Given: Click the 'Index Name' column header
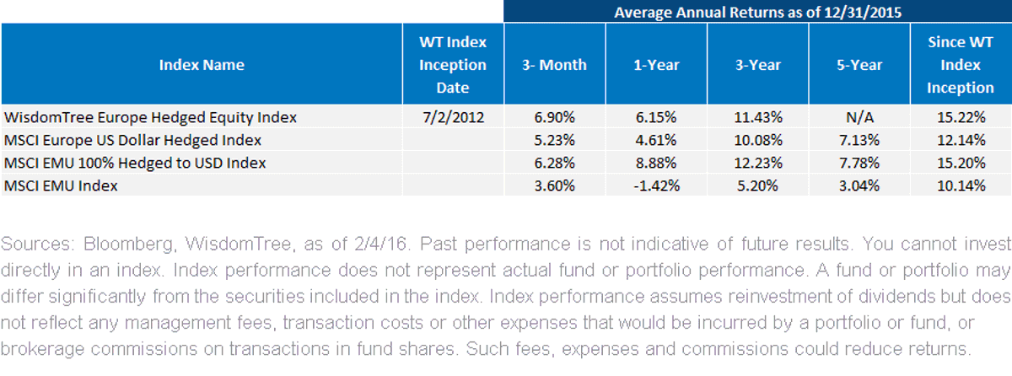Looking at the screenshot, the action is click(202, 65).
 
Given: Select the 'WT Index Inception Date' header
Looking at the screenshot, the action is click(453, 65).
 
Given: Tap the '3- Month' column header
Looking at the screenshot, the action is click(554, 65).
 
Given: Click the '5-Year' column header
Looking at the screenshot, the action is click(859, 65).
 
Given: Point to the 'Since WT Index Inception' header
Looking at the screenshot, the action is click(961, 65).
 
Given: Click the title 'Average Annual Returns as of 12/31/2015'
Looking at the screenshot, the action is click(757, 12).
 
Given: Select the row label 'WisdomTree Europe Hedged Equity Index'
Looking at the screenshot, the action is click(150, 117).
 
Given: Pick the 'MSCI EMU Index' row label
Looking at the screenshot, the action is click(61, 185).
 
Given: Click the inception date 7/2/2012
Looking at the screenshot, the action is click(453, 117).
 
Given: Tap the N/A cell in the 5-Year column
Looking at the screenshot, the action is click(859, 117).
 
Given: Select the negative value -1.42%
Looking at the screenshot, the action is click(656, 185).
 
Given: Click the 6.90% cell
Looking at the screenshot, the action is click(554, 117).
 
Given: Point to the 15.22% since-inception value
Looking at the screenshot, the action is click(961, 117).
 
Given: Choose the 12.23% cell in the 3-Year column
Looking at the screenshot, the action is click(758, 163).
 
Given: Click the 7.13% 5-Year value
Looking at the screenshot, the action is click(859, 140).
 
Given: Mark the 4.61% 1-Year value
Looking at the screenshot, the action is click(656, 140).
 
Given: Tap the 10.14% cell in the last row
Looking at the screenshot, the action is click(961, 185).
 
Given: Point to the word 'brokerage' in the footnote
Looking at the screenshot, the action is click(42, 349).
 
